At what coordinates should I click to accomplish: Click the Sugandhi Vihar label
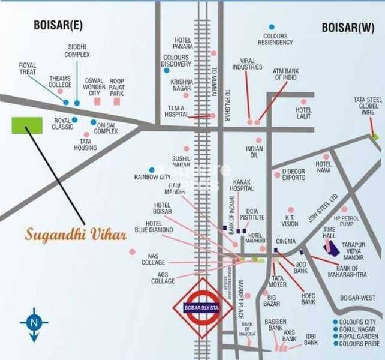(x=76, y=233)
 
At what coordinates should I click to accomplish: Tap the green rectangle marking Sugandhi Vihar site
(x=27, y=125)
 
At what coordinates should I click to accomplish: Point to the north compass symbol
(x=34, y=325)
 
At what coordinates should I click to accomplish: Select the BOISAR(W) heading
(x=348, y=28)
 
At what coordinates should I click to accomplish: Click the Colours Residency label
(x=275, y=39)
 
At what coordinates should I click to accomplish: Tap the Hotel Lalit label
(x=303, y=113)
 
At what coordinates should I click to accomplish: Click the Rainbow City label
(x=152, y=178)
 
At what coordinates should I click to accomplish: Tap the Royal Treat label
(x=28, y=68)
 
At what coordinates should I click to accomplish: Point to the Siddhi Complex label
(x=77, y=52)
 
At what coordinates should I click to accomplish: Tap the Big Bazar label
(x=272, y=301)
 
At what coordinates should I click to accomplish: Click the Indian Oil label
(x=254, y=152)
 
